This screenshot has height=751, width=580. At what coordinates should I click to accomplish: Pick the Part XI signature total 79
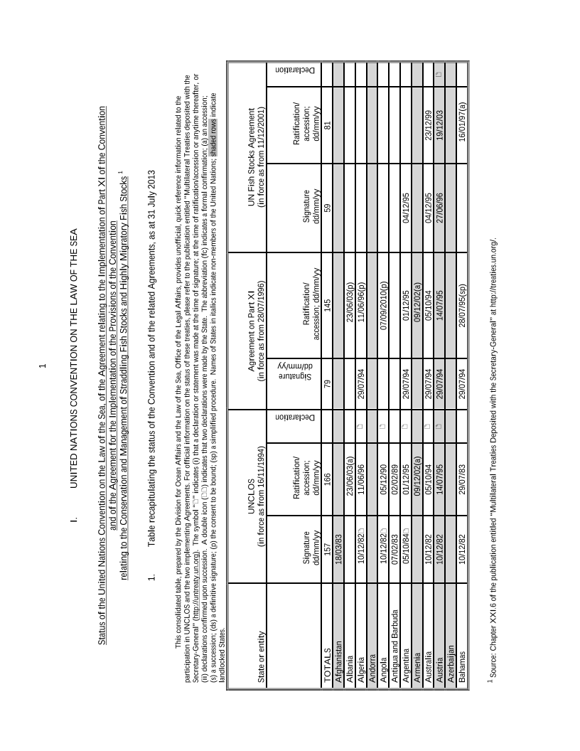point(327,384)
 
